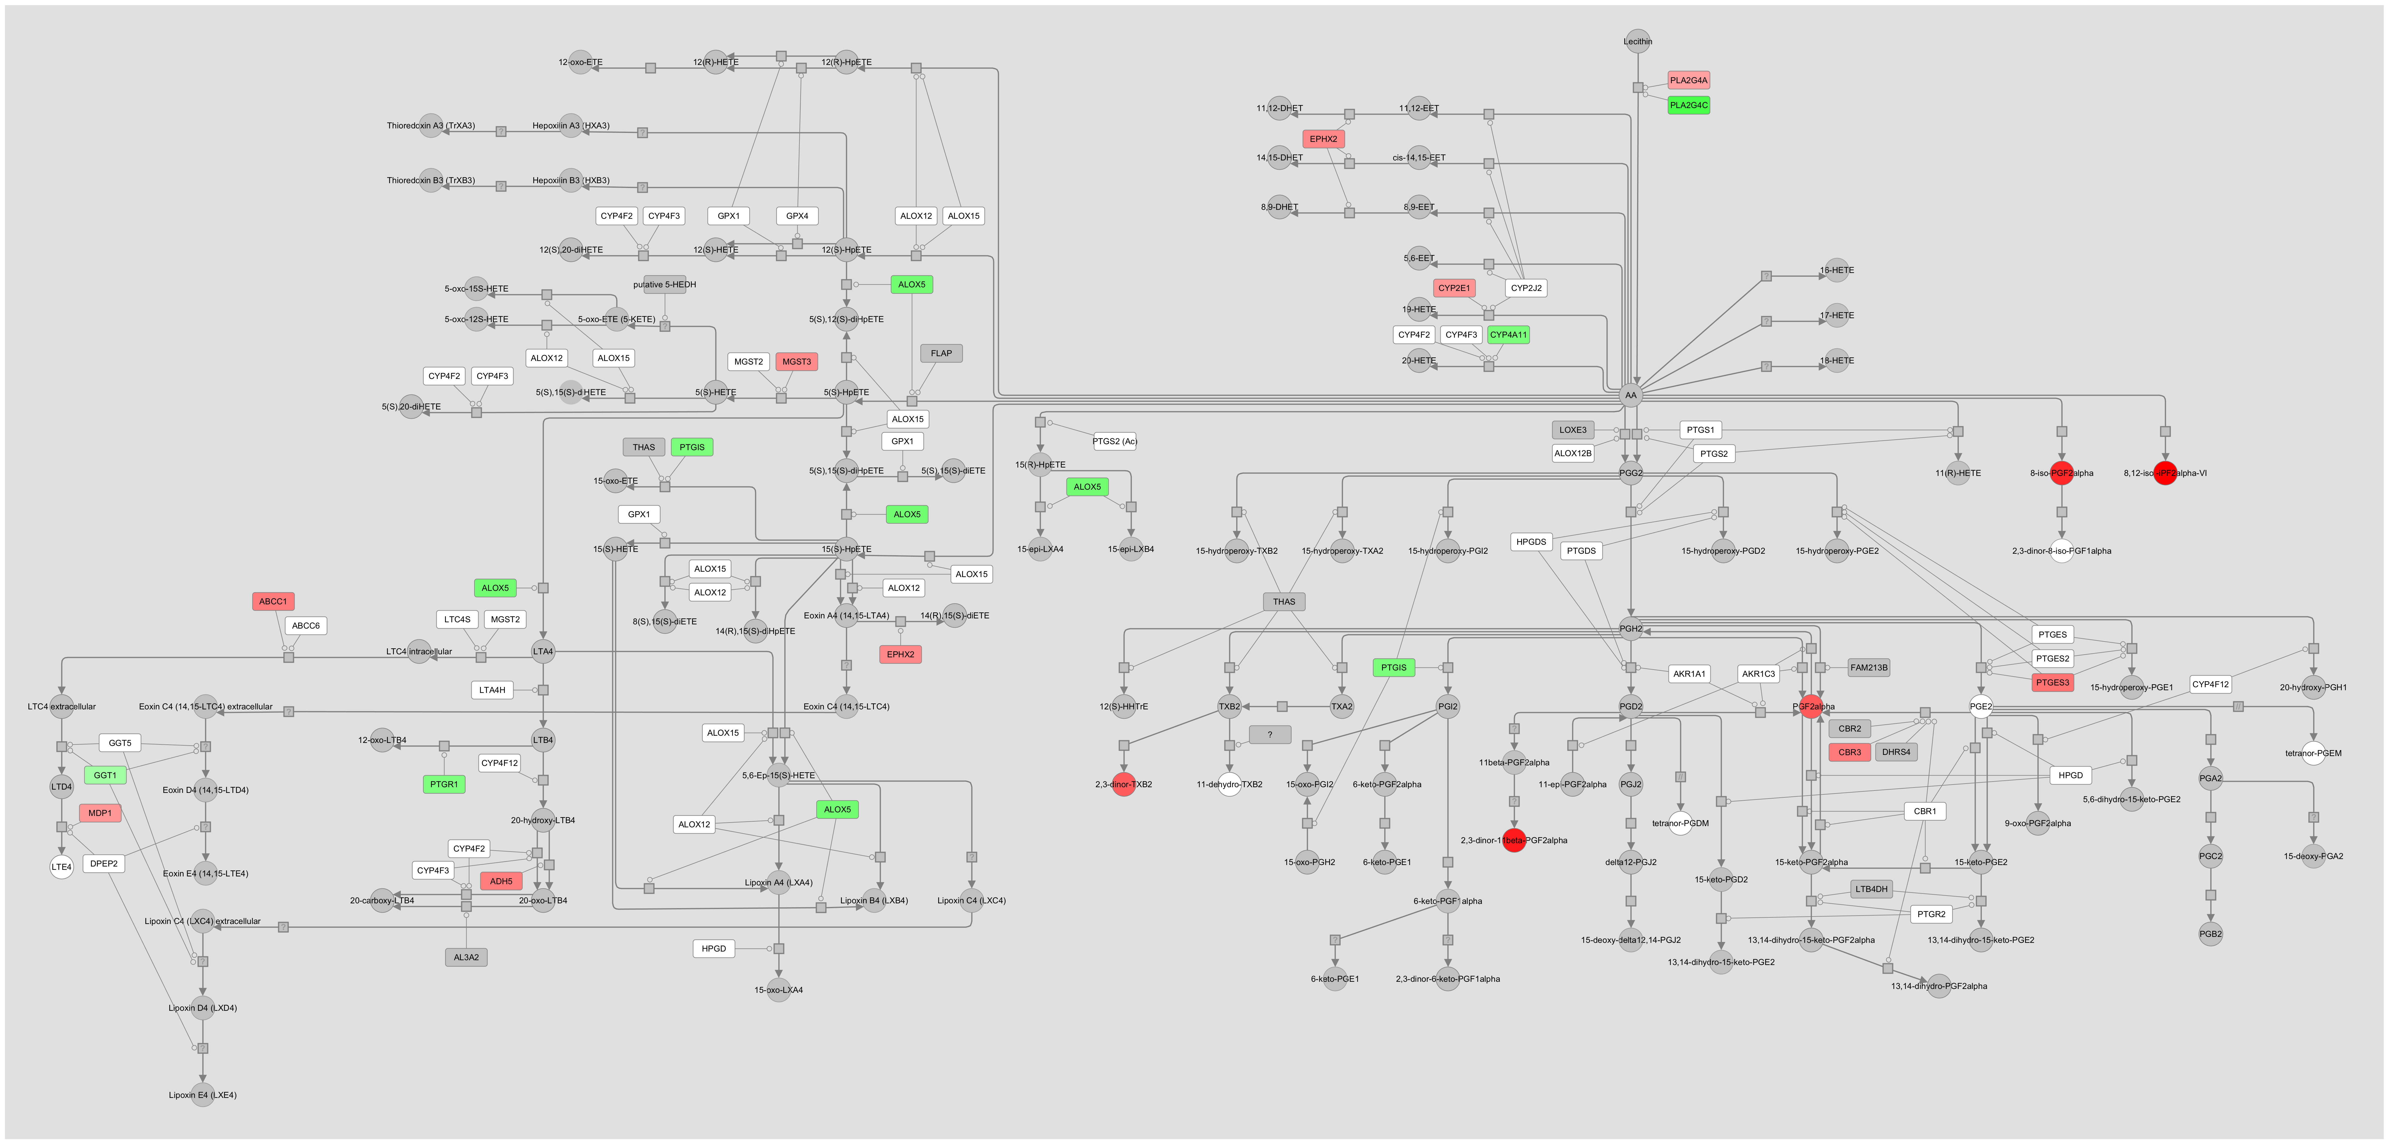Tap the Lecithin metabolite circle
1638,41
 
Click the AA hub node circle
1630,395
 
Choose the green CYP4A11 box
1508,335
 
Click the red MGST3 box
796,362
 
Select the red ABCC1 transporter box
273,601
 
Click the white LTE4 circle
61,867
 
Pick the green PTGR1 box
443,784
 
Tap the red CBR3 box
1849,752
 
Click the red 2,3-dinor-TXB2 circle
1123,784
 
